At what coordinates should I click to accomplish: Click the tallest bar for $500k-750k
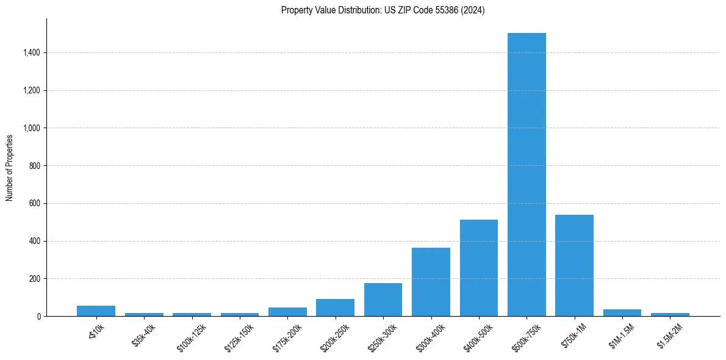(x=527, y=175)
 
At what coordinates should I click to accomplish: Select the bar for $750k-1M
(x=574, y=265)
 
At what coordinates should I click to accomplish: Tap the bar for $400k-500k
(x=479, y=268)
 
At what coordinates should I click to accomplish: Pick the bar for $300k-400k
(x=431, y=282)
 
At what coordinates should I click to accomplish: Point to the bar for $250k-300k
(x=383, y=300)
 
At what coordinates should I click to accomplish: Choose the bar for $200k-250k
(x=335, y=308)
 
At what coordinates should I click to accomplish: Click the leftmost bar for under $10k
(x=96, y=311)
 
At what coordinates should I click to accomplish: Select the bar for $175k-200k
(x=287, y=312)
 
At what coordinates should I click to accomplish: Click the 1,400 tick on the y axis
(x=32, y=53)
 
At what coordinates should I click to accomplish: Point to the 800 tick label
(x=35, y=166)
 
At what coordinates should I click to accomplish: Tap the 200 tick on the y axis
(x=35, y=279)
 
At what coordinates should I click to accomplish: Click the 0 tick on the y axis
(x=39, y=317)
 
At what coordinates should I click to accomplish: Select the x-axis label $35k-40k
(x=144, y=335)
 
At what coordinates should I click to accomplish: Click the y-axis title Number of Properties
(x=10, y=167)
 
